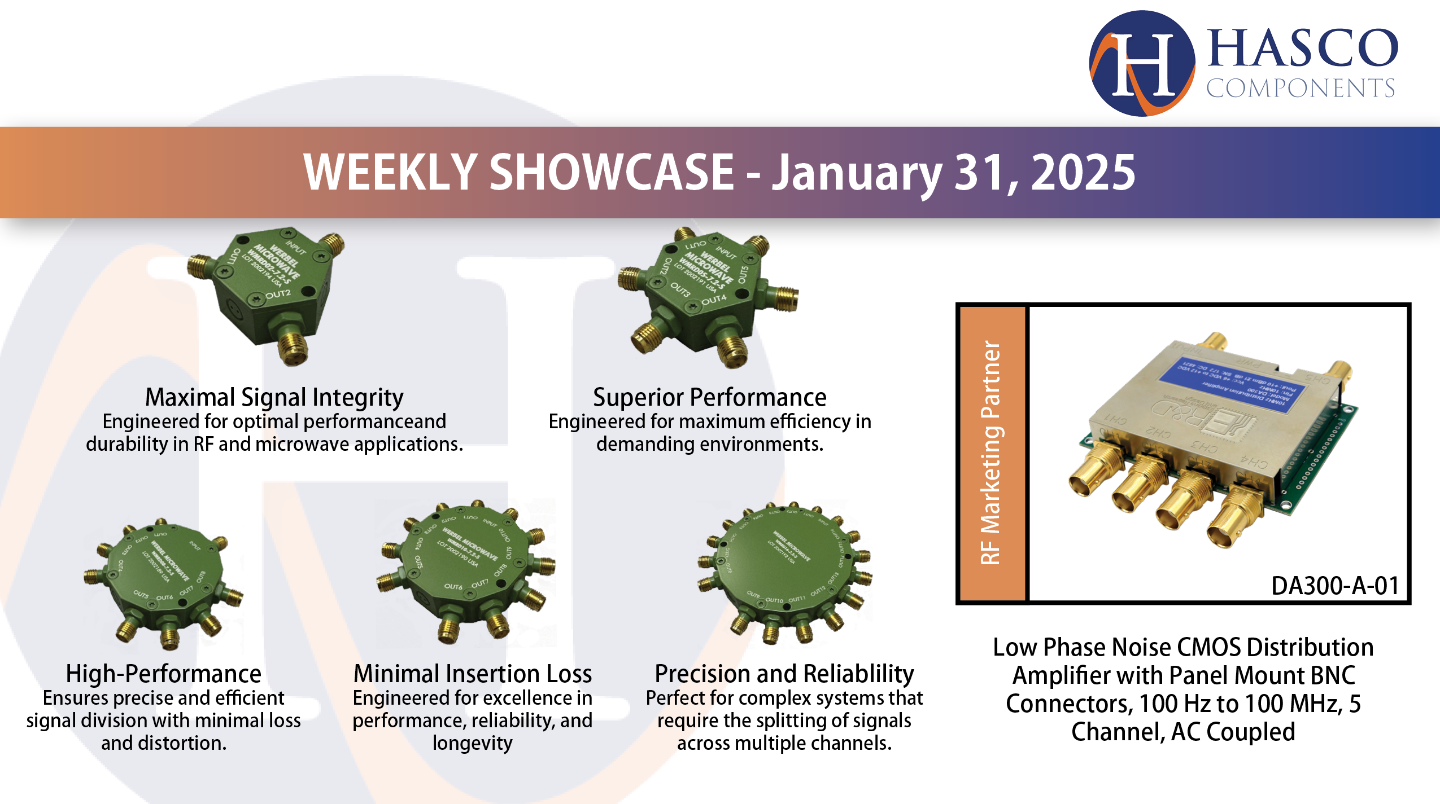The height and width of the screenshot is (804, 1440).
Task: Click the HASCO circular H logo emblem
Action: (1142, 63)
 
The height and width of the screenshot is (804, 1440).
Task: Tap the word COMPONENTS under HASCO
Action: (1300, 89)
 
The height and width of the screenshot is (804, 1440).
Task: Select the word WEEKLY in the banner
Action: (390, 173)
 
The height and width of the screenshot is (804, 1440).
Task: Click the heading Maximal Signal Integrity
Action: (274, 397)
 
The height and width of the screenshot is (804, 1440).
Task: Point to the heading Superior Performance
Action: (709, 397)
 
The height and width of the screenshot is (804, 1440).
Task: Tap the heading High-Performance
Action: (163, 674)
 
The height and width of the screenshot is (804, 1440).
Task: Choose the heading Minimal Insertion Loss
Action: (473, 674)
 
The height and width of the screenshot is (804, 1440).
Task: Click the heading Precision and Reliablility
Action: (784, 674)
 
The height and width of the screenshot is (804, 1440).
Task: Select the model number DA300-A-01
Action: (1335, 586)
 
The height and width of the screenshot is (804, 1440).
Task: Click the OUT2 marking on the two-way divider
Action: (278, 294)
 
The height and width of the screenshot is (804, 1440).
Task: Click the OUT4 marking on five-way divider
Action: (714, 300)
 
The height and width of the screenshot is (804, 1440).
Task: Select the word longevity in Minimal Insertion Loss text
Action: (473, 743)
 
